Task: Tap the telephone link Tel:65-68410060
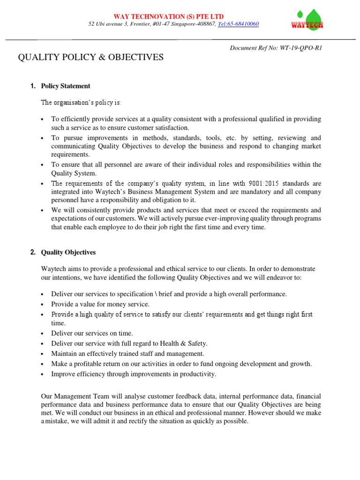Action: pos(239,24)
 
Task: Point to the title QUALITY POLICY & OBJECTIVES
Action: pos(90,58)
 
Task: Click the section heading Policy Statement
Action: pos(66,86)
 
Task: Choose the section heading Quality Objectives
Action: pos(68,252)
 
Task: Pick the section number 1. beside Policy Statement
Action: pos(33,86)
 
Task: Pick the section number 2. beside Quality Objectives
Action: pos(33,252)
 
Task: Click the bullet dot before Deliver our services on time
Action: pos(43,334)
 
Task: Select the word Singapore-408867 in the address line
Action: pos(191,24)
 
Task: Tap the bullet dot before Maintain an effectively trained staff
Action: pos(43,354)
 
